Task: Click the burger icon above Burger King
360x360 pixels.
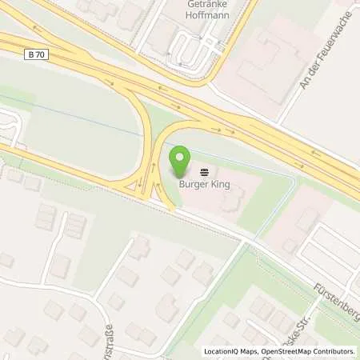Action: (x=205, y=171)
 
